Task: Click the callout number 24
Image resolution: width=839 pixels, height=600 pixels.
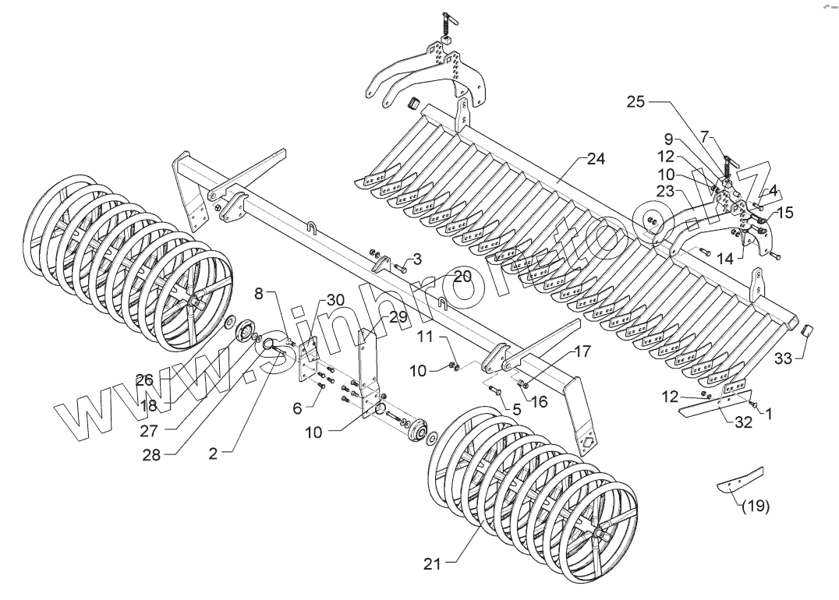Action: point(596,159)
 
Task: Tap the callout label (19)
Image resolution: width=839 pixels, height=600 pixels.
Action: point(755,506)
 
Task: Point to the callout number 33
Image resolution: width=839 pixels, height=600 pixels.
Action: point(783,360)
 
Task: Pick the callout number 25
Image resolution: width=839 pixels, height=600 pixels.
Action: point(635,102)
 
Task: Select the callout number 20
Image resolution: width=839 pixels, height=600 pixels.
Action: point(462,277)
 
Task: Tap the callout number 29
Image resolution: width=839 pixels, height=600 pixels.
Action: point(398,317)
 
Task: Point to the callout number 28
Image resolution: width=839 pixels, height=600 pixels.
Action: point(151,455)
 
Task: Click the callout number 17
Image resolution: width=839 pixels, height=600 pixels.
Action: point(582,352)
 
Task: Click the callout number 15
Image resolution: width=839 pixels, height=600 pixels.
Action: point(784,212)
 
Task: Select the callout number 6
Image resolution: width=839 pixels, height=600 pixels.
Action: point(297,408)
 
